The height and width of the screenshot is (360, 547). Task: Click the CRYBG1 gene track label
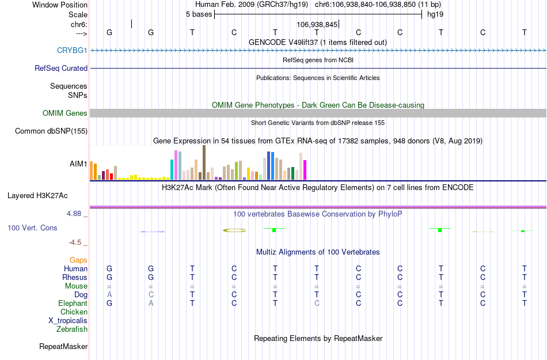click(72, 50)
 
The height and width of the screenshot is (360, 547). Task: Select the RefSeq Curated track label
click(61, 68)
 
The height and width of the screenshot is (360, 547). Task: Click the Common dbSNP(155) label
click(51, 131)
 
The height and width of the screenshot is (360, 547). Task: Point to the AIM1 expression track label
click(78, 164)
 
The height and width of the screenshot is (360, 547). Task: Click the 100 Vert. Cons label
click(32, 228)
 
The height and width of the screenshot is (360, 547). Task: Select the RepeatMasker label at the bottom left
click(63, 347)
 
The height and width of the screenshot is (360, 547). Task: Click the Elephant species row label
click(73, 304)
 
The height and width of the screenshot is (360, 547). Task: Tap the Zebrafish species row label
click(72, 329)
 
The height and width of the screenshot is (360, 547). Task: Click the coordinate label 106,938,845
click(317, 25)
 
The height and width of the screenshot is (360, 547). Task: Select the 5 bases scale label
click(199, 14)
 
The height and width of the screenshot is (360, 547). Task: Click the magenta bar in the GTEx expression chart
click(305, 170)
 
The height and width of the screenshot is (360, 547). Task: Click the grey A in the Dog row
click(109, 295)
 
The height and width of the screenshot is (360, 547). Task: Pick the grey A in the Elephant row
click(151, 304)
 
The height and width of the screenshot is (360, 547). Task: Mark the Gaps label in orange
click(78, 260)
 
